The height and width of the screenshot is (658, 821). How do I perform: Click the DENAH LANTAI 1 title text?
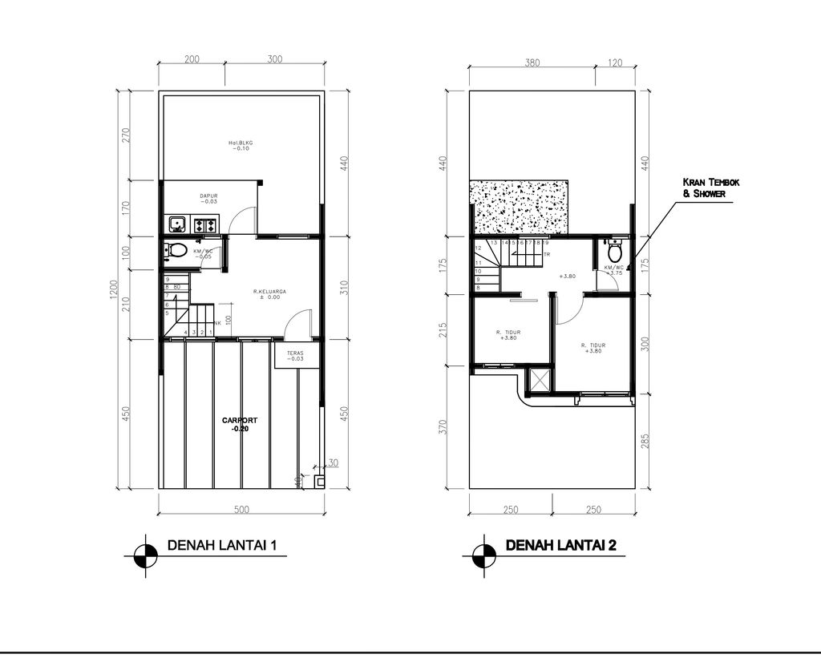pyautogui.click(x=222, y=546)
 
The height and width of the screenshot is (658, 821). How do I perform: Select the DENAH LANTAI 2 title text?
pyautogui.click(x=560, y=546)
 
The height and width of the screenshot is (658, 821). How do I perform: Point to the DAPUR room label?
pyautogui.click(x=209, y=198)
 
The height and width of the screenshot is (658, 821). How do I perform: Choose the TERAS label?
pyautogui.click(x=295, y=354)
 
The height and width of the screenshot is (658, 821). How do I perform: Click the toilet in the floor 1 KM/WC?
pyautogui.click(x=177, y=251)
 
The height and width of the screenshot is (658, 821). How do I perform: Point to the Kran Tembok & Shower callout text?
pyautogui.click(x=706, y=188)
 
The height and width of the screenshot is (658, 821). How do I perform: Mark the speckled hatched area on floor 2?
pyautogui.click(x=519, y=208)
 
